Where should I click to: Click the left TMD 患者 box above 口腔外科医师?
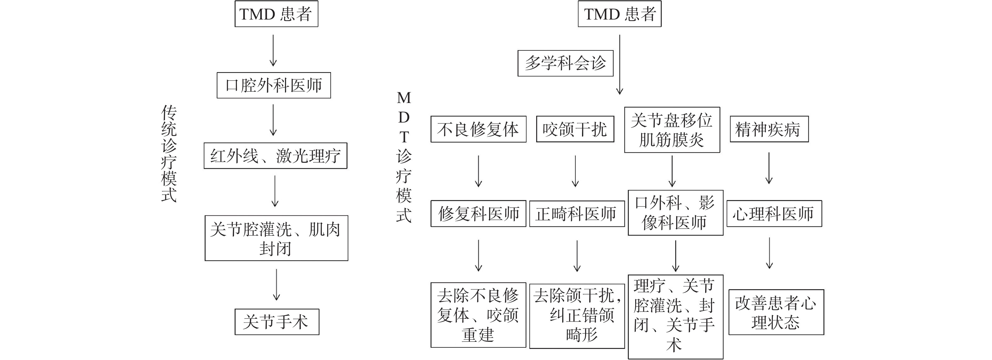(276, 14)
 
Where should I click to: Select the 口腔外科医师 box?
(273, 85)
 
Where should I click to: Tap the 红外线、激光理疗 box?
(275, 156)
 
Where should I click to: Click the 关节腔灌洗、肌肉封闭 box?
(276, 238)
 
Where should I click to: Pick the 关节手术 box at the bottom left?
(277, 322)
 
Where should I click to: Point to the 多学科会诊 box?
(565, 63)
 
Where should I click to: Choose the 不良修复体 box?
(478, 129)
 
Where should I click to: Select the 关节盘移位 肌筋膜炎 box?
(672, 130)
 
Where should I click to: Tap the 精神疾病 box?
(769, 129)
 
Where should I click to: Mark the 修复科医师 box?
(478, 213)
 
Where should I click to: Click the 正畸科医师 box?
(577, 214)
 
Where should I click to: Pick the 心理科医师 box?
(774, 213)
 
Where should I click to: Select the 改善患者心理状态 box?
(776, 312)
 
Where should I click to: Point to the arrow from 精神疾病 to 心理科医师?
(769, 168)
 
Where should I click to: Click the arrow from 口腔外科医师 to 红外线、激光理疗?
(273, 120)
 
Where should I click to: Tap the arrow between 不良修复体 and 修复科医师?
(478, 171)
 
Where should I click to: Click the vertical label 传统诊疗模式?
(169, 154)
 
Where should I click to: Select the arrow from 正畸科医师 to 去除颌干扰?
(577, 256)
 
